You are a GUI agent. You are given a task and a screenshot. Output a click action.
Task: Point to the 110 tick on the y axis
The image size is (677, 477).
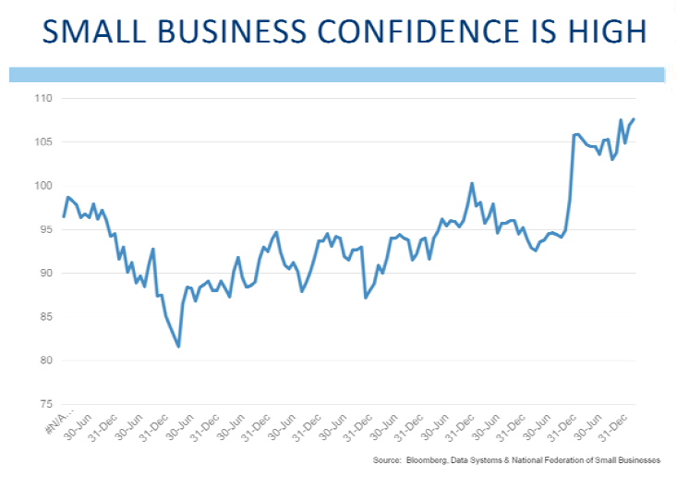tap(43, 98)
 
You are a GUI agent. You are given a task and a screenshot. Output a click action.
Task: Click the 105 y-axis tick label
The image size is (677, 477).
tap(43, 141)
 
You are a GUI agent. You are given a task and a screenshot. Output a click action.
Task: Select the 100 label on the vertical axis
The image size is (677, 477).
tap(43, 186)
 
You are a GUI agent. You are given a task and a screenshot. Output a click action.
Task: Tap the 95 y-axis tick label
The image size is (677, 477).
tap(45, 229)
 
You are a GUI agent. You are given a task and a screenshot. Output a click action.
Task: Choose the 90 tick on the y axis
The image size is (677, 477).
tap(45, 274)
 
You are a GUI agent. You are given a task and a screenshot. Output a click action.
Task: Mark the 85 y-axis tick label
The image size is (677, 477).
tap(45, 317)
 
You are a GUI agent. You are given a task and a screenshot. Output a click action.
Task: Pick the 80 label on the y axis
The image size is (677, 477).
tap(45, 361)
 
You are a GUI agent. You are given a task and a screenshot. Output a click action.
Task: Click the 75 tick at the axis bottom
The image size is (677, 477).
tap(45, 405)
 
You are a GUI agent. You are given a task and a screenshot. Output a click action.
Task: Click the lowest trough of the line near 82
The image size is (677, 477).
tap(178, 346)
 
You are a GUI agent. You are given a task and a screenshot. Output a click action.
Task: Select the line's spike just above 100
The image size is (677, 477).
tap(472, 183)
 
